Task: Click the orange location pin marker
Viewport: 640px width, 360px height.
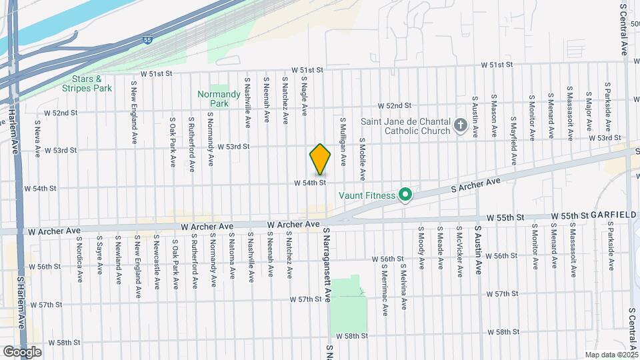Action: (x=320, y=159)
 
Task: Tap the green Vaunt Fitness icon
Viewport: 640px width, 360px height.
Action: (x=405, y=195)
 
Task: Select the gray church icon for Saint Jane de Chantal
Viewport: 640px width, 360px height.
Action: (x=459, y=125)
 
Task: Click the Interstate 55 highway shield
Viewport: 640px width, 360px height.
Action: (x=147, y=40)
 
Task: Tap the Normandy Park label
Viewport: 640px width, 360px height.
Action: (x=219, y=99)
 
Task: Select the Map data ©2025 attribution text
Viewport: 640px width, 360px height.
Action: (x=611, y=355)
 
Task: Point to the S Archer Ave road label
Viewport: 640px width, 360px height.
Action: (x=475, y=187)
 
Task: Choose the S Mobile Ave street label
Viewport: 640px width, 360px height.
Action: (x=362, y=159)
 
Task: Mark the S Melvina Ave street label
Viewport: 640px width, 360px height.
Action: (x=404, y=286)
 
